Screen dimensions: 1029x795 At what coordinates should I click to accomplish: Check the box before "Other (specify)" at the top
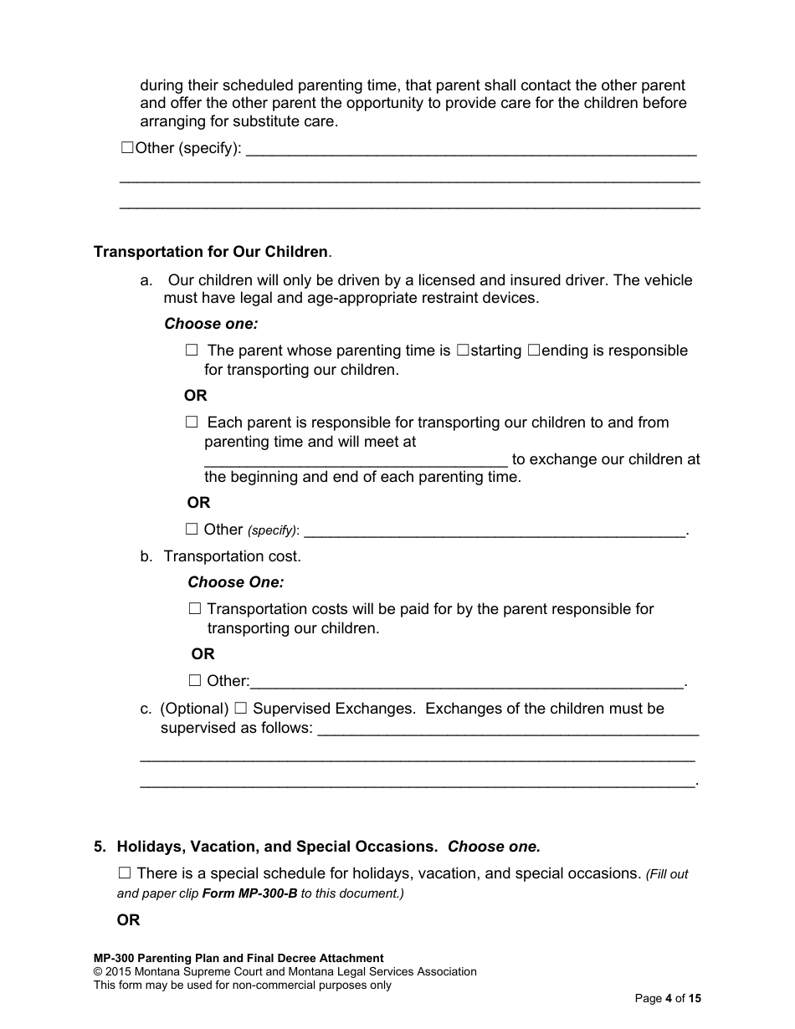tap(127, 148)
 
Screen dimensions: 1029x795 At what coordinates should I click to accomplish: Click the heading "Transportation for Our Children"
tap(211, 252)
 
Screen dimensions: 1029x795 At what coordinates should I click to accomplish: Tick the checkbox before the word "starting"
tap(463, 351)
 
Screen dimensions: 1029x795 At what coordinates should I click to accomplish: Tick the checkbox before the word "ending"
tap(534, 351)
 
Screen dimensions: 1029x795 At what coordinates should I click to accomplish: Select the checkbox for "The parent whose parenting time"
tap(192, 351)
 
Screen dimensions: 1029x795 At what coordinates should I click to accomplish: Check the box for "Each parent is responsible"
tap(192, 422)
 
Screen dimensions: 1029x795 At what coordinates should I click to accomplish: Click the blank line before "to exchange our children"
tap(355, 460)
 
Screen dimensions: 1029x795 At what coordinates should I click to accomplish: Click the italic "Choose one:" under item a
tap(211, 324)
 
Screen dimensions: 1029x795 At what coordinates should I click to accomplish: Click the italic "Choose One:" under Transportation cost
tap(235, 582)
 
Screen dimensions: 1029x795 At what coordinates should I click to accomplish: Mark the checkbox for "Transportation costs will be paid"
tap(195, 609)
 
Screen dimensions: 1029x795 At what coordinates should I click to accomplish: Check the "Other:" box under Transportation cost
tap(195, 681)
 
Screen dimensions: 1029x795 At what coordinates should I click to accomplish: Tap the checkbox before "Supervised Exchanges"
tap(241, 709)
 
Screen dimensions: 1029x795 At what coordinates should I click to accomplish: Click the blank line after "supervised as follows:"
tap(508, 730)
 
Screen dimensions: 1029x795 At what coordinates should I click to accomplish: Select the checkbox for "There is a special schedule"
tap(126, 873)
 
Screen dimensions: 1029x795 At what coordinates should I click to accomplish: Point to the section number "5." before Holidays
tap(100, 847)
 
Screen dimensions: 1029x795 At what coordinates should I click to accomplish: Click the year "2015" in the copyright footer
tap(121, 972)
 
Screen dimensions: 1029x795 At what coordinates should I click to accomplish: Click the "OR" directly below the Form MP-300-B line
tap(128, 920)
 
